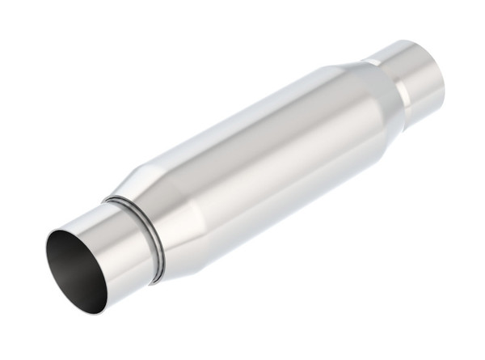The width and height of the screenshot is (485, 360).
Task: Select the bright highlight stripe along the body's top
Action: pyautogui.click(x=242, y=113)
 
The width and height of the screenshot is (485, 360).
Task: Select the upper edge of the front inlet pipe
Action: pyautogui.click(x=85, y=212)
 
